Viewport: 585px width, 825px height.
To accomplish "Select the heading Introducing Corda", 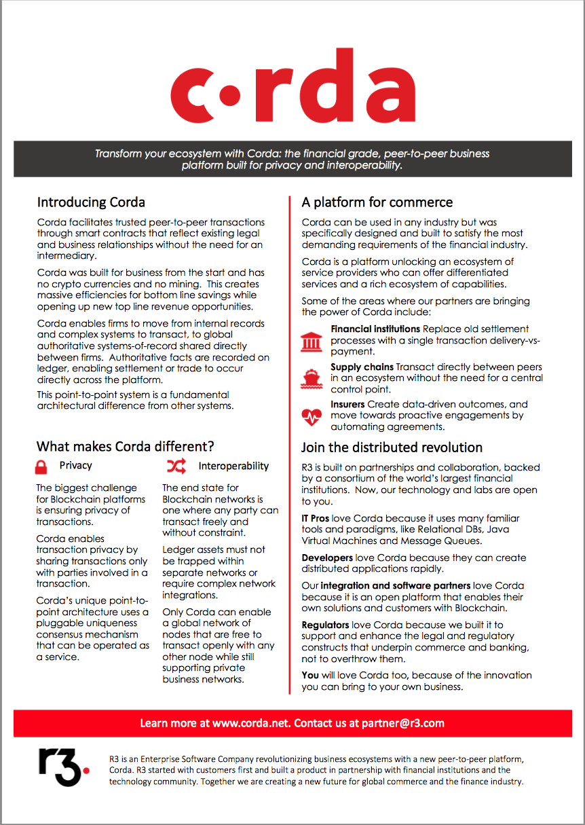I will tap(91, 202).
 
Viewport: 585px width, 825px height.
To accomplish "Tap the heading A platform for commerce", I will tap(377, 202).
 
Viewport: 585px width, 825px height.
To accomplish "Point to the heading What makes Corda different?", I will tap(126, 446).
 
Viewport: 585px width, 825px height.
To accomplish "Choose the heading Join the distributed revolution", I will tap(392, 447).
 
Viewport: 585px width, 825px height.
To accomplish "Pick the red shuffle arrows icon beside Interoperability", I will tap(176, 466).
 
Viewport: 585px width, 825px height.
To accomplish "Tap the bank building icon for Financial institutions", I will tap(312, 341).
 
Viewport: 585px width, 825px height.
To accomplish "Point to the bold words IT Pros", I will tap(316, 519).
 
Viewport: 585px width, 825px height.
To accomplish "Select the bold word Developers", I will tap(327, 557).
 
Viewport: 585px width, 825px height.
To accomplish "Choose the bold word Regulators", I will tap(326, 624).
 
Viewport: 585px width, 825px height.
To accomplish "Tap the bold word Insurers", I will tap(347, 405).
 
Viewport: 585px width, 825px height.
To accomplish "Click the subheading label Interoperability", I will tap(233, 466).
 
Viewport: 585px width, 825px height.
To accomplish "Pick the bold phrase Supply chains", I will tap(362, 367).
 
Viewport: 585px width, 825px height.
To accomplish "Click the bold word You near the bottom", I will tap(310, 675).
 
